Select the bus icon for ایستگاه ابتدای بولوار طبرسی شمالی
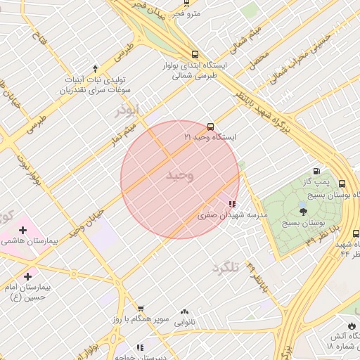195,54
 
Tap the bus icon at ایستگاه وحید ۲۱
211,127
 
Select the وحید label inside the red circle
179,175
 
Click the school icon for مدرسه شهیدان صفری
232,204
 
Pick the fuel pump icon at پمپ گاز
316,172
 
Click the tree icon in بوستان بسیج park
303,210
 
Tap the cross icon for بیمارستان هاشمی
23,229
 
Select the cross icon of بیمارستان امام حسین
28,276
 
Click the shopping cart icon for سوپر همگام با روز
140,308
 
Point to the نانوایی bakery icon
184,311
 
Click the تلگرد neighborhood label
226,266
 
